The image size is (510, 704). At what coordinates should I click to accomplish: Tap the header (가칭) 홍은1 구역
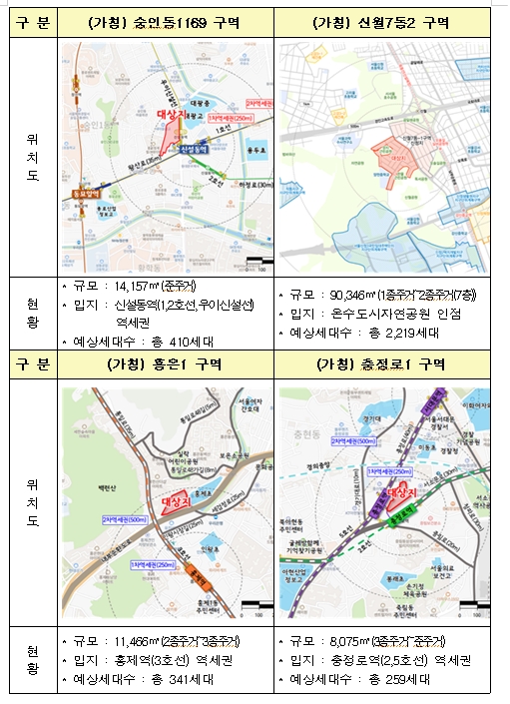point(165,363)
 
